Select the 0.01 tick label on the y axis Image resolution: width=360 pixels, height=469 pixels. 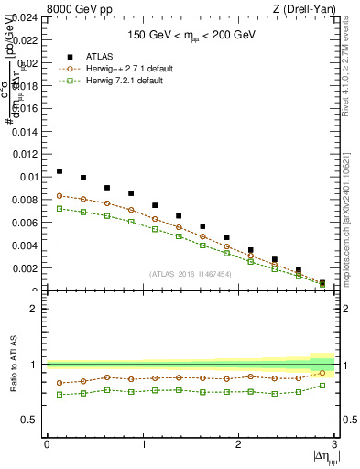[29, 177]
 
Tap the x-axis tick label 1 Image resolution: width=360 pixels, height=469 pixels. [142, 444]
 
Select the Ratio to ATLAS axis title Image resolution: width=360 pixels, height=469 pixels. [13, 365]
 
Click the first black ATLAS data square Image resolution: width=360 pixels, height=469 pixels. [60, 171]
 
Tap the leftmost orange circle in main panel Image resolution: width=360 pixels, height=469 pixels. [60, 195]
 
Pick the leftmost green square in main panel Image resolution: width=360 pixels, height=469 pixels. [60, 209]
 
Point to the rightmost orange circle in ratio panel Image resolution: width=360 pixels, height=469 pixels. [322, 373]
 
